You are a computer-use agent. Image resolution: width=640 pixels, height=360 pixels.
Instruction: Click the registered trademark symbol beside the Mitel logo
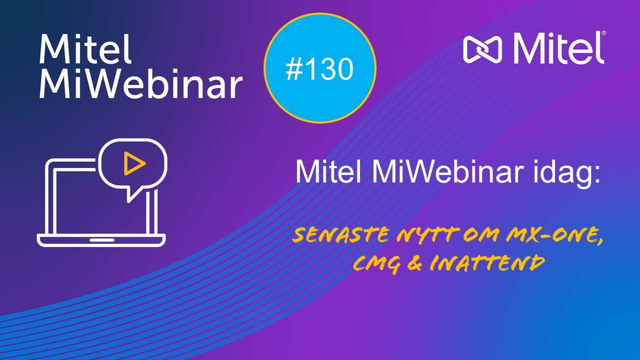click(603, 33)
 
